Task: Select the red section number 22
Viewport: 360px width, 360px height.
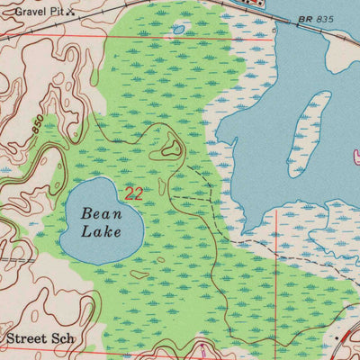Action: click(133, 193)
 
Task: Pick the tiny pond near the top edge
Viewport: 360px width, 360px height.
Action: click(178, 30)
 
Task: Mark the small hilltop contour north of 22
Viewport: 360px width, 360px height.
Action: click(169, 147)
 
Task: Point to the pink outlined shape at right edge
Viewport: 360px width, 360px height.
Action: click(356, 155)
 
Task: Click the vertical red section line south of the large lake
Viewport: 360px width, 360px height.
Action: click(275, 270)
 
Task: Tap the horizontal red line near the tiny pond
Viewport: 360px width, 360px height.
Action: click(135, 38)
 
